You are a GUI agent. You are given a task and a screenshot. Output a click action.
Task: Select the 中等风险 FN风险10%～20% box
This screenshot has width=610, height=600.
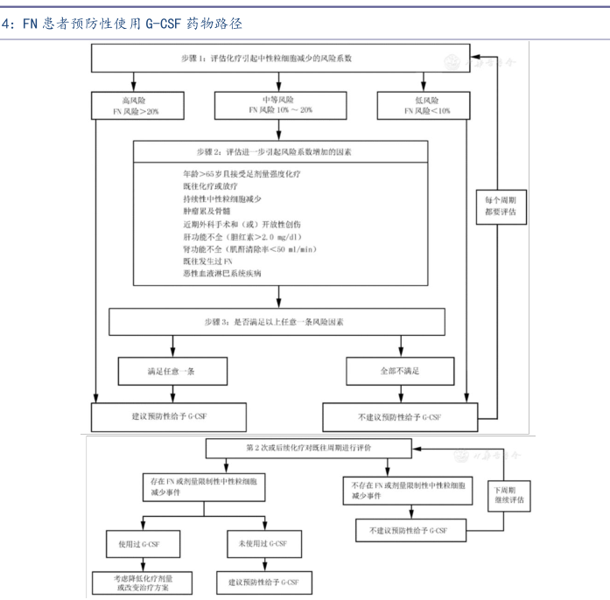coord(277,106)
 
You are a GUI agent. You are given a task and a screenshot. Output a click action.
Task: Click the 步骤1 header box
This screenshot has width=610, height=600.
coord(277,59)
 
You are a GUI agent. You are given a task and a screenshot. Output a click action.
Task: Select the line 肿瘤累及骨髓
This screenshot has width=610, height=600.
coord(200,211)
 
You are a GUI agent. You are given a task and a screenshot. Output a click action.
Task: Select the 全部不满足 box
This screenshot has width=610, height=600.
coord(399,370)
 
